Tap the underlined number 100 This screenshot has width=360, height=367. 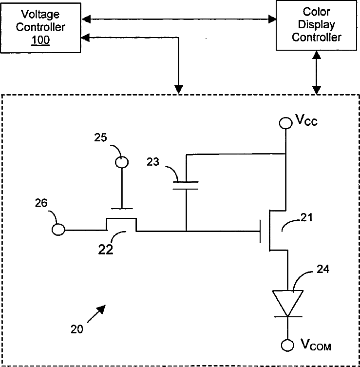[40, 40]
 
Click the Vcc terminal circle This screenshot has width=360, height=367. [285, 123]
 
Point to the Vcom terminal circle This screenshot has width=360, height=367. [287, 345]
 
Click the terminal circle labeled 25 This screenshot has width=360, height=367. [122, 162]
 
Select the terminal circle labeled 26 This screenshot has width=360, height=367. [58, 230]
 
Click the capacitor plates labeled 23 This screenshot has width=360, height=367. [186, 185]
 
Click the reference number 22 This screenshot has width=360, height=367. [106, 250]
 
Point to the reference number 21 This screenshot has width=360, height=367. [306, 218]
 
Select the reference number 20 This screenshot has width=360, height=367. [77, 329]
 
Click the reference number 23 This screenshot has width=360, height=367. [153, 162]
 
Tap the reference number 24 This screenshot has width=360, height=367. [323, 269]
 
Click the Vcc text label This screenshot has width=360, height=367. [306, 120]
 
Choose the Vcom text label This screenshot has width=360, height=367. [316, 345]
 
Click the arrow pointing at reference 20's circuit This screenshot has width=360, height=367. [96, 314]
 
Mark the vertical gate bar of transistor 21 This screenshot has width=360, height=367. [260, 231]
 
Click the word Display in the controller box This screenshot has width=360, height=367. [316, 25]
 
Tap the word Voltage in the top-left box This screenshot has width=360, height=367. [40, 15]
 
